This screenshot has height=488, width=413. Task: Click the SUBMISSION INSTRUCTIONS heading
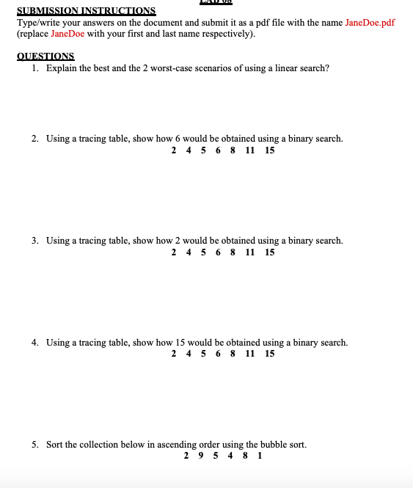(87, 11)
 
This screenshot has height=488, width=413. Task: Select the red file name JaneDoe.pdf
(370, 23)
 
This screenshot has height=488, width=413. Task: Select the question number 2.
(35, 139)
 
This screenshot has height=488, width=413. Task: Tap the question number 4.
(35, 343)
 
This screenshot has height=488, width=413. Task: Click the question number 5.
(35, 445)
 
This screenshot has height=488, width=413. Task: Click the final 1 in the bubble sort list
(260, 456)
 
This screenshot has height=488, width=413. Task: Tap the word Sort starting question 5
(55, 445)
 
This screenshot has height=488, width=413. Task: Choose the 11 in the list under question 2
(250, 150)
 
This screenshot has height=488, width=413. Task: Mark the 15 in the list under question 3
(270, 252)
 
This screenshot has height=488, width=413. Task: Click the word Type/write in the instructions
(37, 23)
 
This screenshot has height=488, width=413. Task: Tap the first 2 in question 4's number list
(174, 354)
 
